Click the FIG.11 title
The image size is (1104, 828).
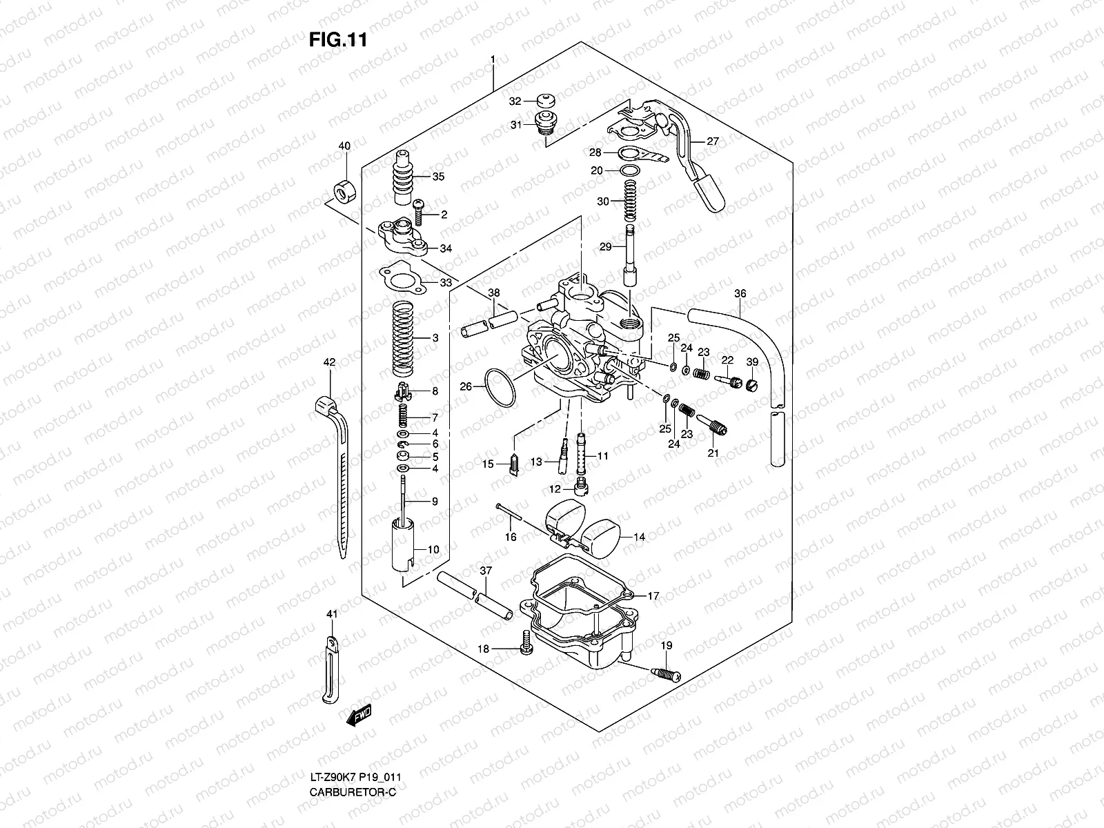click(x=337, y=39)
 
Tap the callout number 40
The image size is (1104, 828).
click(x=344, y=146)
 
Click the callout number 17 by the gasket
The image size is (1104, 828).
click(x=653, y=595)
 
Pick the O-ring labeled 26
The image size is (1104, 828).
click(x=500, y=386)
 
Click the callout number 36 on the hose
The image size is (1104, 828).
click(x=740, y=294)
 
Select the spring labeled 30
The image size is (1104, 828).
click(x=629, y=201)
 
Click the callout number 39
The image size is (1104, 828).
click(x=752, y=362)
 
